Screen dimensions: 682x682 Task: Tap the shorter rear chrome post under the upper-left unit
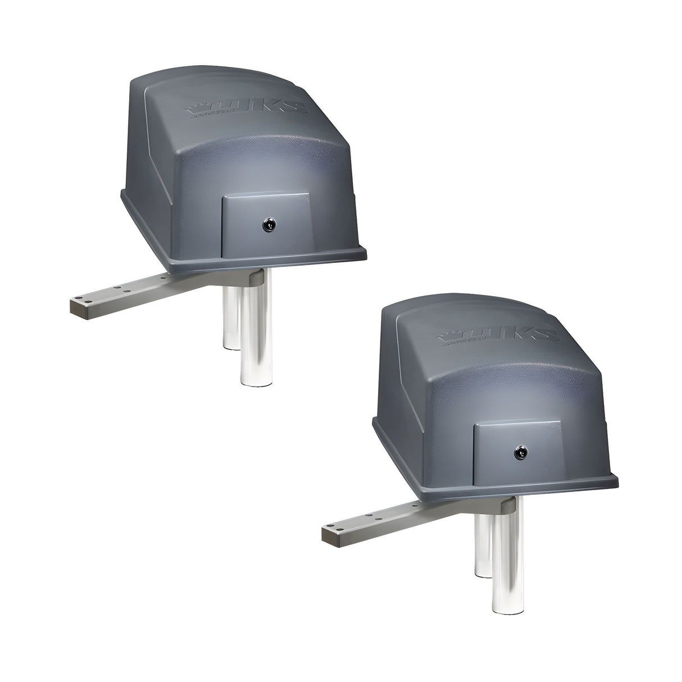click(x=229, y=315)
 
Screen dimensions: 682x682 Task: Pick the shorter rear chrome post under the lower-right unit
click(x=481, y=542)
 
